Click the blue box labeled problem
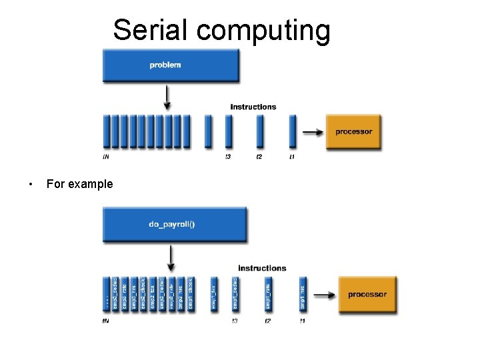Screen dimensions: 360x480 click(x=171, y=65)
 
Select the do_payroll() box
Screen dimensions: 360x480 click(x=174, y=224)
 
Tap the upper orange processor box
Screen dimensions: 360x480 click(x=353, y=131)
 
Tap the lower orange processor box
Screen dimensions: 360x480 click(x=367, y=294)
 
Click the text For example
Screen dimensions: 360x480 click(x=79, y=184)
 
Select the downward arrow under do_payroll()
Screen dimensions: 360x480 click(x=171, y=259)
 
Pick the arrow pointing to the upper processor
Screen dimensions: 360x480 click(x=311, y=132)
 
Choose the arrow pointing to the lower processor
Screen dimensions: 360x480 click(x=324, y=294)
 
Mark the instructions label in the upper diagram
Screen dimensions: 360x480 click(x=253, y=107)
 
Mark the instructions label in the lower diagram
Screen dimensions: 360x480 click(x=262, y=268)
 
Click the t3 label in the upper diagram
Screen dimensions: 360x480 click(x=228, y=157)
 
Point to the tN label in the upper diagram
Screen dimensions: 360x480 click(x=106, y=157)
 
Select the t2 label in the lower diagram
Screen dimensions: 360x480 click(x=268, y=321)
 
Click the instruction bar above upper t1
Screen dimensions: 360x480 click(x=292, y=131)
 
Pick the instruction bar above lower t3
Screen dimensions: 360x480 click(x=235, y=294)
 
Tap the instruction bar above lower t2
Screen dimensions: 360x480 click(x=268, y=294)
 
